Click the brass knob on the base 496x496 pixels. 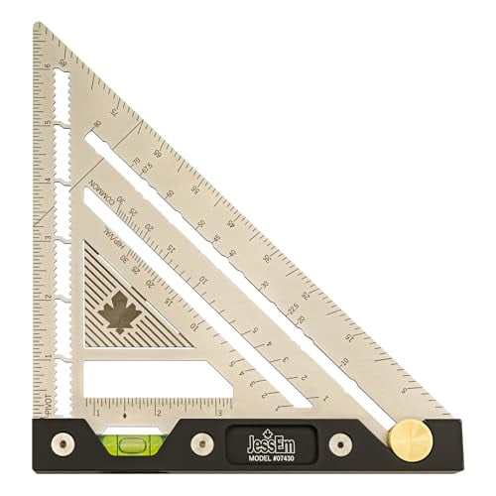coord(407,439)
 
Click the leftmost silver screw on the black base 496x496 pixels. coord(61,440)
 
